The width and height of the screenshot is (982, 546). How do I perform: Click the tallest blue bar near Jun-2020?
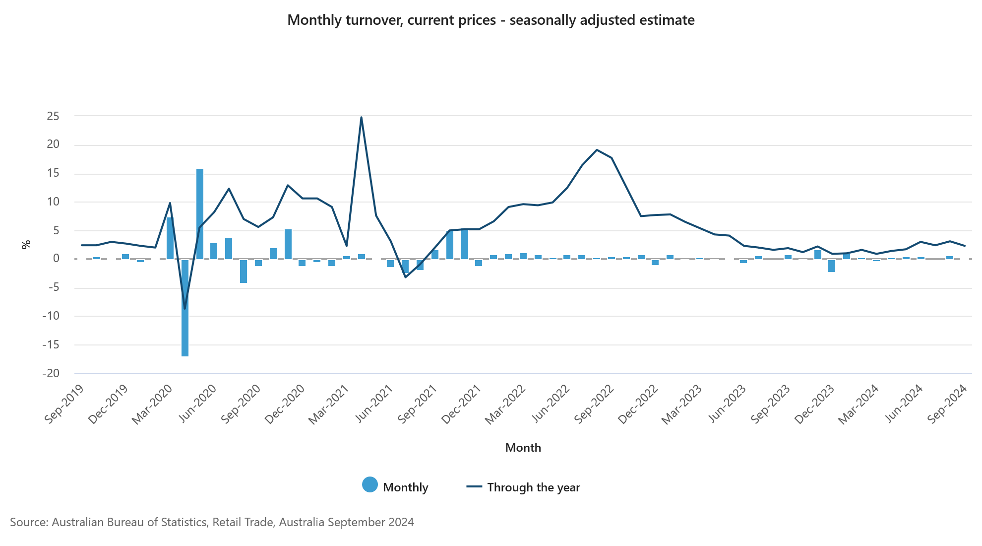pos(200,213)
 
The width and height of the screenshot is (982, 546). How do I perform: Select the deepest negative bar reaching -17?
pos(185,308)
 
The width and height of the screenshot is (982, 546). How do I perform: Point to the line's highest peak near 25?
pos(361,118)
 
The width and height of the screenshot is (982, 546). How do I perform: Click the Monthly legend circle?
pos(370,485)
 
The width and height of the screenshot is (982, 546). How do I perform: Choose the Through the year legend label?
pos(533,487)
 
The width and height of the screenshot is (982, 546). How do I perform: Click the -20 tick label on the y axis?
pos(51,373)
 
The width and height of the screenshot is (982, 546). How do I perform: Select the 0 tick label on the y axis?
pos(56,259)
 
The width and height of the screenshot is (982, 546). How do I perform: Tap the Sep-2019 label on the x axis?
pos(63,404)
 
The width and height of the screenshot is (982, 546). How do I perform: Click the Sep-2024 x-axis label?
pos(947,404)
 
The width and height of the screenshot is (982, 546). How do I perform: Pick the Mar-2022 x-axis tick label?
pos(504,405)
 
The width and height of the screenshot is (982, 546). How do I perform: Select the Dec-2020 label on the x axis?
pos(284,405)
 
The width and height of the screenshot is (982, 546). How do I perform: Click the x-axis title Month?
pos(523,448)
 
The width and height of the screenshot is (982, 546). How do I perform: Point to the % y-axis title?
pos(26,244)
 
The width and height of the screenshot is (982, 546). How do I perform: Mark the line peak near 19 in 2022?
pos(597,149)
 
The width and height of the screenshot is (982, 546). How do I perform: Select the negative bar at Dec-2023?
pos(832,266)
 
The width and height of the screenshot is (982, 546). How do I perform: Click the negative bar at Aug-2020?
pos(244,271)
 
